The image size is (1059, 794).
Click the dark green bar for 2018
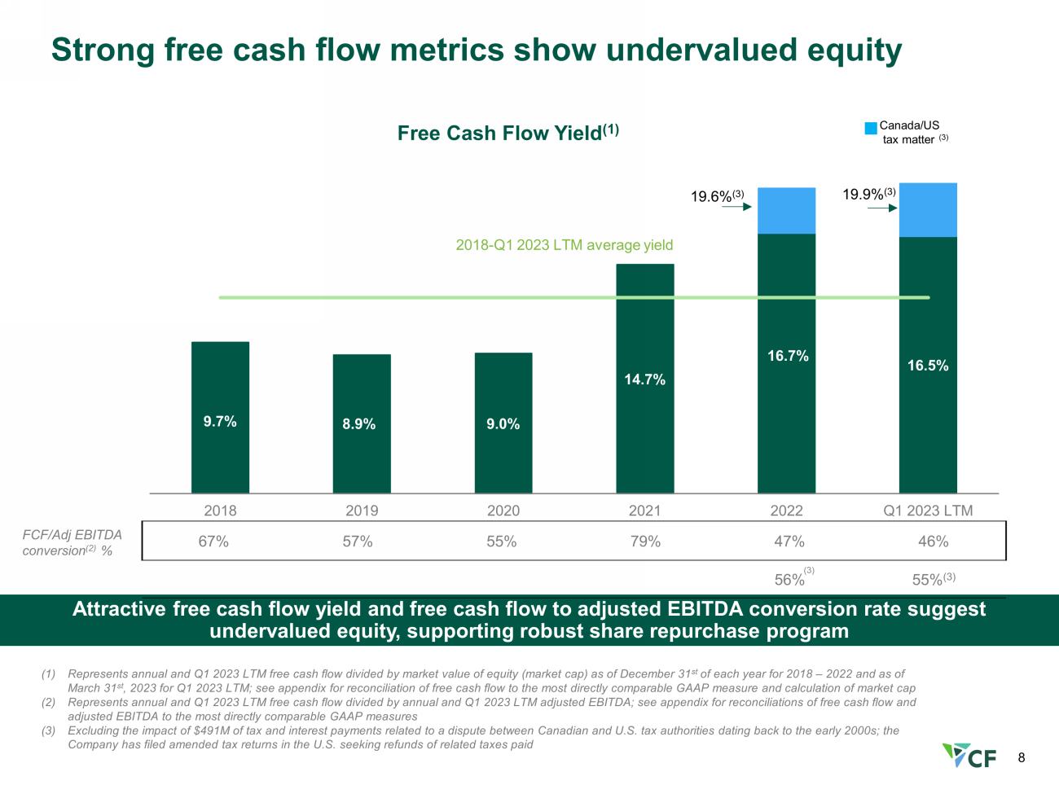(x=221, y=418)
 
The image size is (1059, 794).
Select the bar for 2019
(x=362, y=423)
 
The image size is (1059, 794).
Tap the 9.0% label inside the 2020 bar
(x=503, y=423)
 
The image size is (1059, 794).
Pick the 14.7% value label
(x=644, y=379)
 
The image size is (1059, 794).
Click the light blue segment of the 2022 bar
(x=786, y=211)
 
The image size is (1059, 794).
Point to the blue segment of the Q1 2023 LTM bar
(x=928, y=210)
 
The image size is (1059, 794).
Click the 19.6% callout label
(x=718, y=195)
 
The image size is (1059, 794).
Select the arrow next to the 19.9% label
(x=882, y=208)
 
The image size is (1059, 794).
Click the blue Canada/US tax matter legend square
(x=871, y=128)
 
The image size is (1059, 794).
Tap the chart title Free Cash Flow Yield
(x=508, y=133)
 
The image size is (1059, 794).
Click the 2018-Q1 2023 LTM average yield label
(x=564, y=245)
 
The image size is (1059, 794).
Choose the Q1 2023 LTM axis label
(x=928, y=510)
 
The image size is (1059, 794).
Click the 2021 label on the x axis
(x=644, y=510)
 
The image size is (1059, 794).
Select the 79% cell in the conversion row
(x=645, y=542)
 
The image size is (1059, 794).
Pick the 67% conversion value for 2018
(x=213, y=542)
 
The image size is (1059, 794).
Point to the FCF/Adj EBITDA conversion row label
(x=72, y=542)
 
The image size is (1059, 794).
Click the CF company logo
(x=969, y=756)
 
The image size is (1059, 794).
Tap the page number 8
(x=1022, y=758)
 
